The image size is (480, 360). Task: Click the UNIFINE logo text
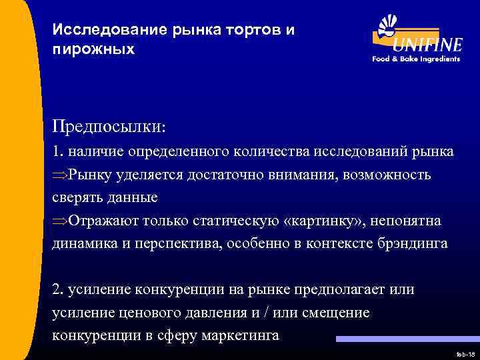427,45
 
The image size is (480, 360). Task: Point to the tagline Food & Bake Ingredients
416,59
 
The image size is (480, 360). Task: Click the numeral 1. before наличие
58,151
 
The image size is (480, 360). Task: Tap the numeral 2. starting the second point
59,290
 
